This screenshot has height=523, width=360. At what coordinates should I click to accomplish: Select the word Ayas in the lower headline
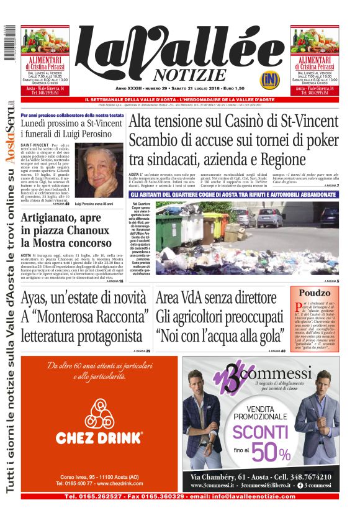tap(36, 298)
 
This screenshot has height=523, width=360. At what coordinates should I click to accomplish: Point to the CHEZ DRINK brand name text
tap(99, 439)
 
